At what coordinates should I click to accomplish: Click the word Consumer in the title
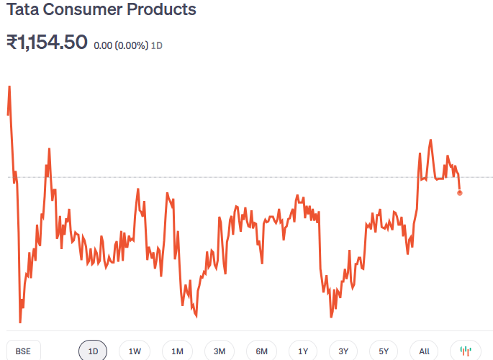point(82,10)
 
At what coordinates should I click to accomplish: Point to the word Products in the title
point(161,10)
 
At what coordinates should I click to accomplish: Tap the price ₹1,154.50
point(47,42)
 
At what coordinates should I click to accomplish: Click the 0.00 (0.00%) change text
point(121,45)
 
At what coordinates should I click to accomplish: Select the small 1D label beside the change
point(157,45)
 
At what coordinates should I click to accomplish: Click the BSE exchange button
point(23,351)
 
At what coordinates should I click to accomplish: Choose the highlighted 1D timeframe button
point(93,351)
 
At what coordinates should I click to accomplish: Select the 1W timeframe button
point(135,351)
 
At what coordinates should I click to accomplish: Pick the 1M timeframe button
point(177,351)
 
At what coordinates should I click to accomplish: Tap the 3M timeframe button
point(220,351)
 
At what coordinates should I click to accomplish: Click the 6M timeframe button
point(261,351)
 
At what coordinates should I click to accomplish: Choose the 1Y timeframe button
point(303,351)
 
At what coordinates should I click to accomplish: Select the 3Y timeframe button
point(343,351)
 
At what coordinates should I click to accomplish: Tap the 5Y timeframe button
point(384,351)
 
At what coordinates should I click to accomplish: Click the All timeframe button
point(424,351)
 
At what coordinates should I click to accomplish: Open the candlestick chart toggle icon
point(466,351)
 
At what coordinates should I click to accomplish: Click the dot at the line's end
point(460,192)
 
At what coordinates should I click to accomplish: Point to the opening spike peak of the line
point(9,86)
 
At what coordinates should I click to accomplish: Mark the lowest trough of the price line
point(20,322)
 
